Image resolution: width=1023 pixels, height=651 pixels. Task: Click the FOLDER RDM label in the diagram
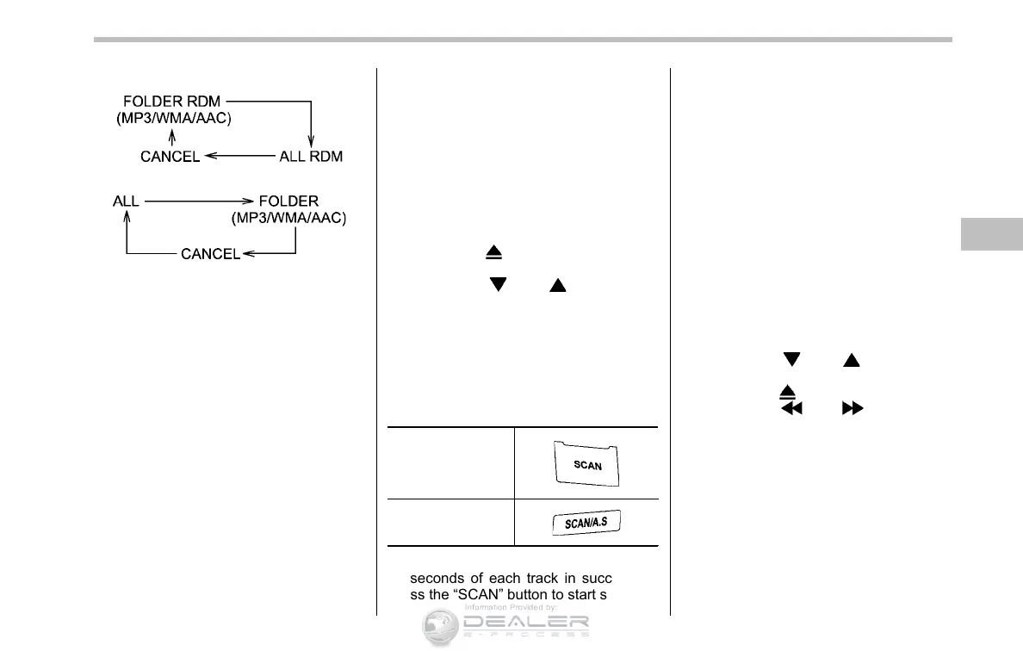(172, 102)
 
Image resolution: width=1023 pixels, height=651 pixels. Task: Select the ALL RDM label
(311, 156)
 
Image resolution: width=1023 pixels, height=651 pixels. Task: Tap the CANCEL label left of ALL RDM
(170, 156)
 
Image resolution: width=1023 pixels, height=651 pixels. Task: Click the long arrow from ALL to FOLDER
(198, 201)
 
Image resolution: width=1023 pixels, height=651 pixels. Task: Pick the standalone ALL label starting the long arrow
(126, 201)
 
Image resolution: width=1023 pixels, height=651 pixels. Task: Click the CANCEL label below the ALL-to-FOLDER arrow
(210, 254)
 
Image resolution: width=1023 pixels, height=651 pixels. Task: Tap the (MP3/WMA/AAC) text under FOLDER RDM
(174, 119)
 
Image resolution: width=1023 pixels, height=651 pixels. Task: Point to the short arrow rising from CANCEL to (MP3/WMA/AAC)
(172, 138)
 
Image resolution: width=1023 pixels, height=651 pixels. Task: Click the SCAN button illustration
(587, 463)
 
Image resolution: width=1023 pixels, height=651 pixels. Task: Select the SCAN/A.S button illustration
(588, 523)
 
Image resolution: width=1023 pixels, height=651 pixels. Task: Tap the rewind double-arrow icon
(790, 410)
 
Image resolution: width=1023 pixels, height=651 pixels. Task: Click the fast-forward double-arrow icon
(852, 410)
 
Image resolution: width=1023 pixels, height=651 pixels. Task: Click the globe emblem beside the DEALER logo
(440, 627)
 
